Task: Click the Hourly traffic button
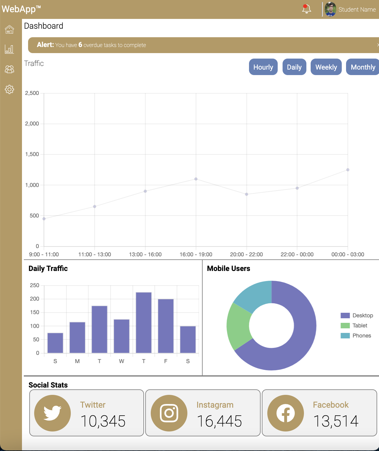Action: [x=263, y=67]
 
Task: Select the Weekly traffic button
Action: [x=326, y=67]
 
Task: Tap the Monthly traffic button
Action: [x=363, y=67]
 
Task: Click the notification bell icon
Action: [x=306, y=9]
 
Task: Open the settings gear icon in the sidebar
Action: [x=9, y=89]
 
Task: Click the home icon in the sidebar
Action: [x=9, y=29]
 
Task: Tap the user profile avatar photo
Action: [x=330, y=9]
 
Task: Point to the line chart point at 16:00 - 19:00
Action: [x=196, y=179]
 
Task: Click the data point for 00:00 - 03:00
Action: [x=348, y=170]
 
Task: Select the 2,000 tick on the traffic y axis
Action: [x=32, y=124]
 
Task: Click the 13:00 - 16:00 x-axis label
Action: [x=145, y=254]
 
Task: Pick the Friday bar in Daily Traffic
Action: [x=166, y=326]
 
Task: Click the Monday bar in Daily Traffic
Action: [x=77, y=337]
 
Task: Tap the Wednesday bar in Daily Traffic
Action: [x=121, y=336]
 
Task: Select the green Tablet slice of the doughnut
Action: [x=239, y=326]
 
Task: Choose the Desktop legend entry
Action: [x=357, y=316]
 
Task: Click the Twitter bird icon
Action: [x=52, y=413]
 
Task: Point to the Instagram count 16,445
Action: [x=219, y=421]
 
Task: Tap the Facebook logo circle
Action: [x=285, y=413]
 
